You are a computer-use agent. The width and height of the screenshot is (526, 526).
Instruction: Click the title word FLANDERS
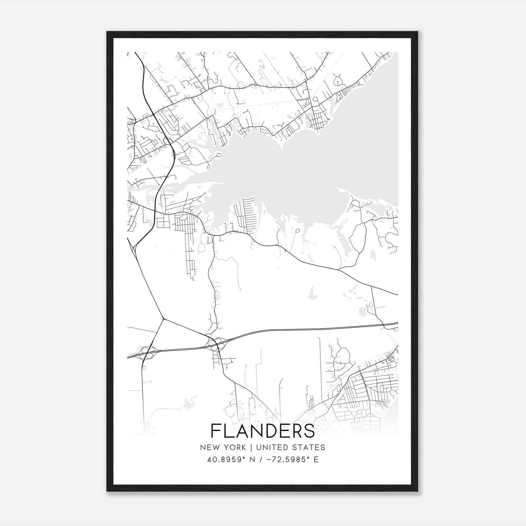262,431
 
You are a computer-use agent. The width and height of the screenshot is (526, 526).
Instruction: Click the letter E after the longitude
316,460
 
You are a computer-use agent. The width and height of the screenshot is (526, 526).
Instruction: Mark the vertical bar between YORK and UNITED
251,447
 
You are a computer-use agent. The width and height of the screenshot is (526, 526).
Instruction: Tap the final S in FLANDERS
309,431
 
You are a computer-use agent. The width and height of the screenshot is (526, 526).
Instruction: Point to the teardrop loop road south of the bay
298,231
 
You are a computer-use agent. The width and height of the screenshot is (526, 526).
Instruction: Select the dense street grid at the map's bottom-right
368,391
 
